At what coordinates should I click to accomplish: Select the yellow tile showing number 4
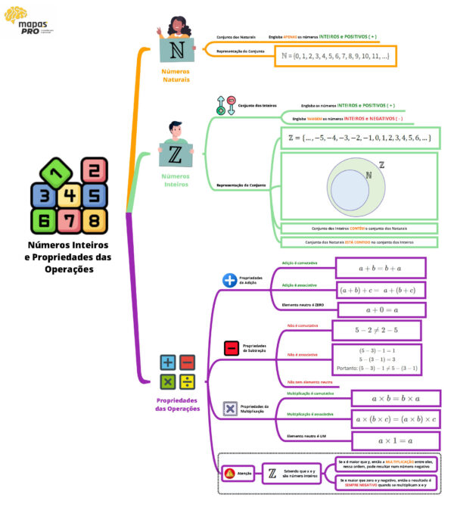tap(70, 197)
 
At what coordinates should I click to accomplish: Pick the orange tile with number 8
tap(93, 221)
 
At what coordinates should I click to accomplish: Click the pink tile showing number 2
tap(93, 172)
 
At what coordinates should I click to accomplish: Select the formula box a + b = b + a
tap(380, 268)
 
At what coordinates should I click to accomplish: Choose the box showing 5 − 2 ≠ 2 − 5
tap(376, 331)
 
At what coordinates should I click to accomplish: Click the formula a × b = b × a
tap(396, 398)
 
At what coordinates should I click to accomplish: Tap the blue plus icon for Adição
tap(230, 281)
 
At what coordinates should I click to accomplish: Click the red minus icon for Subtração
tap(231, 348)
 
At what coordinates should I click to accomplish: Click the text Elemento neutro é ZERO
tap(303, 304)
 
